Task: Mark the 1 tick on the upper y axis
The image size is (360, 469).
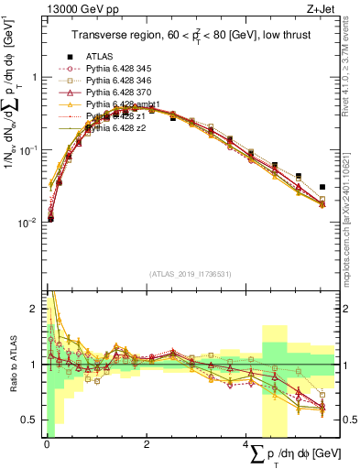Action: click(x=35, y=77)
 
